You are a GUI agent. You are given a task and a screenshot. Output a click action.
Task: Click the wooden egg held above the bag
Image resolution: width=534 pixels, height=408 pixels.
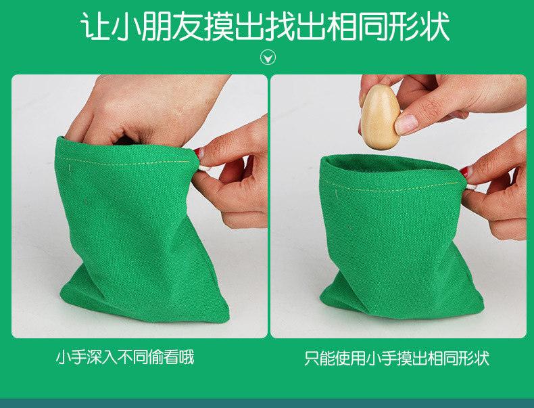(381, 117)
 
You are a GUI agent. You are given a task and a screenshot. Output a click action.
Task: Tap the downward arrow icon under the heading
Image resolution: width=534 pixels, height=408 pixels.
(268, 58)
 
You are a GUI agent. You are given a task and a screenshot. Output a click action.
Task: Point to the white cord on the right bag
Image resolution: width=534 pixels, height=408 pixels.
(471, 187)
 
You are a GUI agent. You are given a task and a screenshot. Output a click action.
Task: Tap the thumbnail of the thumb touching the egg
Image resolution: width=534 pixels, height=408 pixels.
(406, 124)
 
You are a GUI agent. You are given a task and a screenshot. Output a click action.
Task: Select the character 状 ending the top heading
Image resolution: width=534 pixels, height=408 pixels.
(435, 26)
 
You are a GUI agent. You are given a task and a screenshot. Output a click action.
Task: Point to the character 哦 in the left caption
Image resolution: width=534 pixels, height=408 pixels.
(187, 357)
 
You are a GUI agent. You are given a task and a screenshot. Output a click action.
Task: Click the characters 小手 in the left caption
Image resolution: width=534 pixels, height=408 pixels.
(71, 357)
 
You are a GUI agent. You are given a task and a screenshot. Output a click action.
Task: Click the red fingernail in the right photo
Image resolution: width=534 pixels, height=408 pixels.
(464, 171)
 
